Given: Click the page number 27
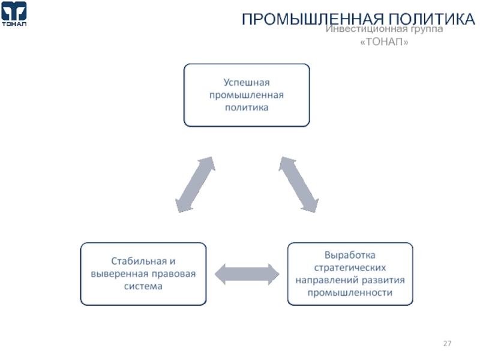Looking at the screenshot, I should pos(448,344).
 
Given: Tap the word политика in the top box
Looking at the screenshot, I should pos(247,108).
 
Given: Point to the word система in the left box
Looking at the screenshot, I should pos(143,287).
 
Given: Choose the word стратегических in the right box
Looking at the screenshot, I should pos(350,267).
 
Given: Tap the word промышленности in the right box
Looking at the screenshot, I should pos(350,293).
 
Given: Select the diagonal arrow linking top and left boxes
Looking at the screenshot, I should pos(194,185).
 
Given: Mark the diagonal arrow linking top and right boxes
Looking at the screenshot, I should pos(299,184).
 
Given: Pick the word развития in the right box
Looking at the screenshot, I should pos(385,280).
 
